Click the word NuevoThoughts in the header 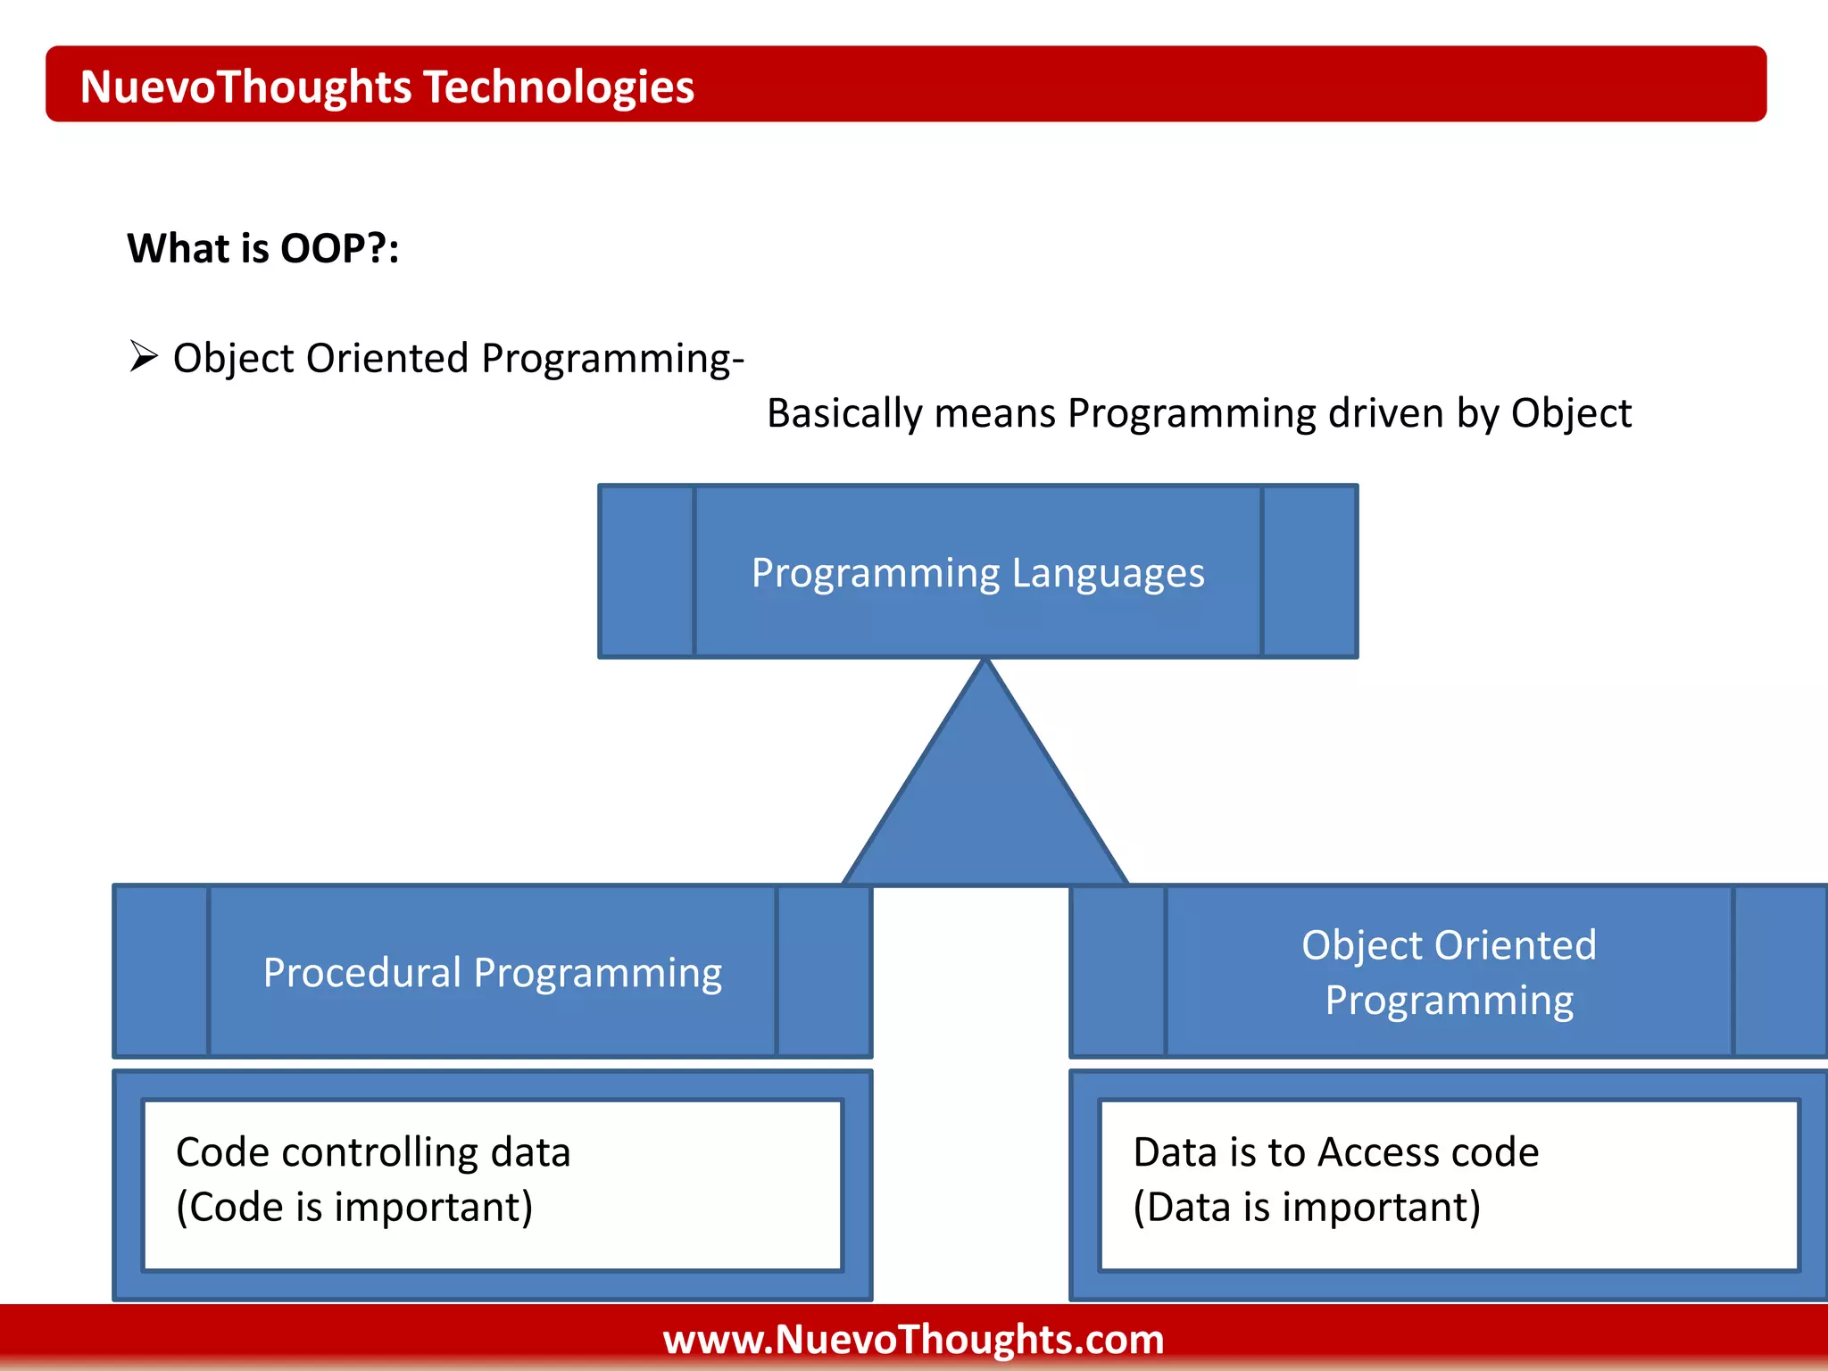pos(246,87)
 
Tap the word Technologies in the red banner pos(559,87)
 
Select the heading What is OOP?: pos(263,248)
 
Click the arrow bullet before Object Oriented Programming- pos(144,356)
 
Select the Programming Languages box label pos(978,573)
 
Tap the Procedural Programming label pos(493,973)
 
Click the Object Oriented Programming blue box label pos(1450,973)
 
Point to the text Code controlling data pos(373,1152)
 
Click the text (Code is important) pos(354,1207)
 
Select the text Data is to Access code pos(1336,1152)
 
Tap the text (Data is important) pos(1307,1207)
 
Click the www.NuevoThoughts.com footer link pos(914,1340)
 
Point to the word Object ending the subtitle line pos(1571,414)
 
